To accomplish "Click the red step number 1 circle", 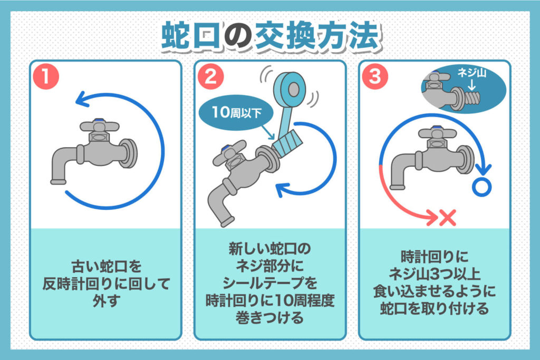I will (47, 77).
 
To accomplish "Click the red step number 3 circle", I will (375, 77).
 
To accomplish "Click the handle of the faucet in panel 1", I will (96, 125).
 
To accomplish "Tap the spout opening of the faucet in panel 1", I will (58, 182).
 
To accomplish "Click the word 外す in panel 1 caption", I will (106, 299).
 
